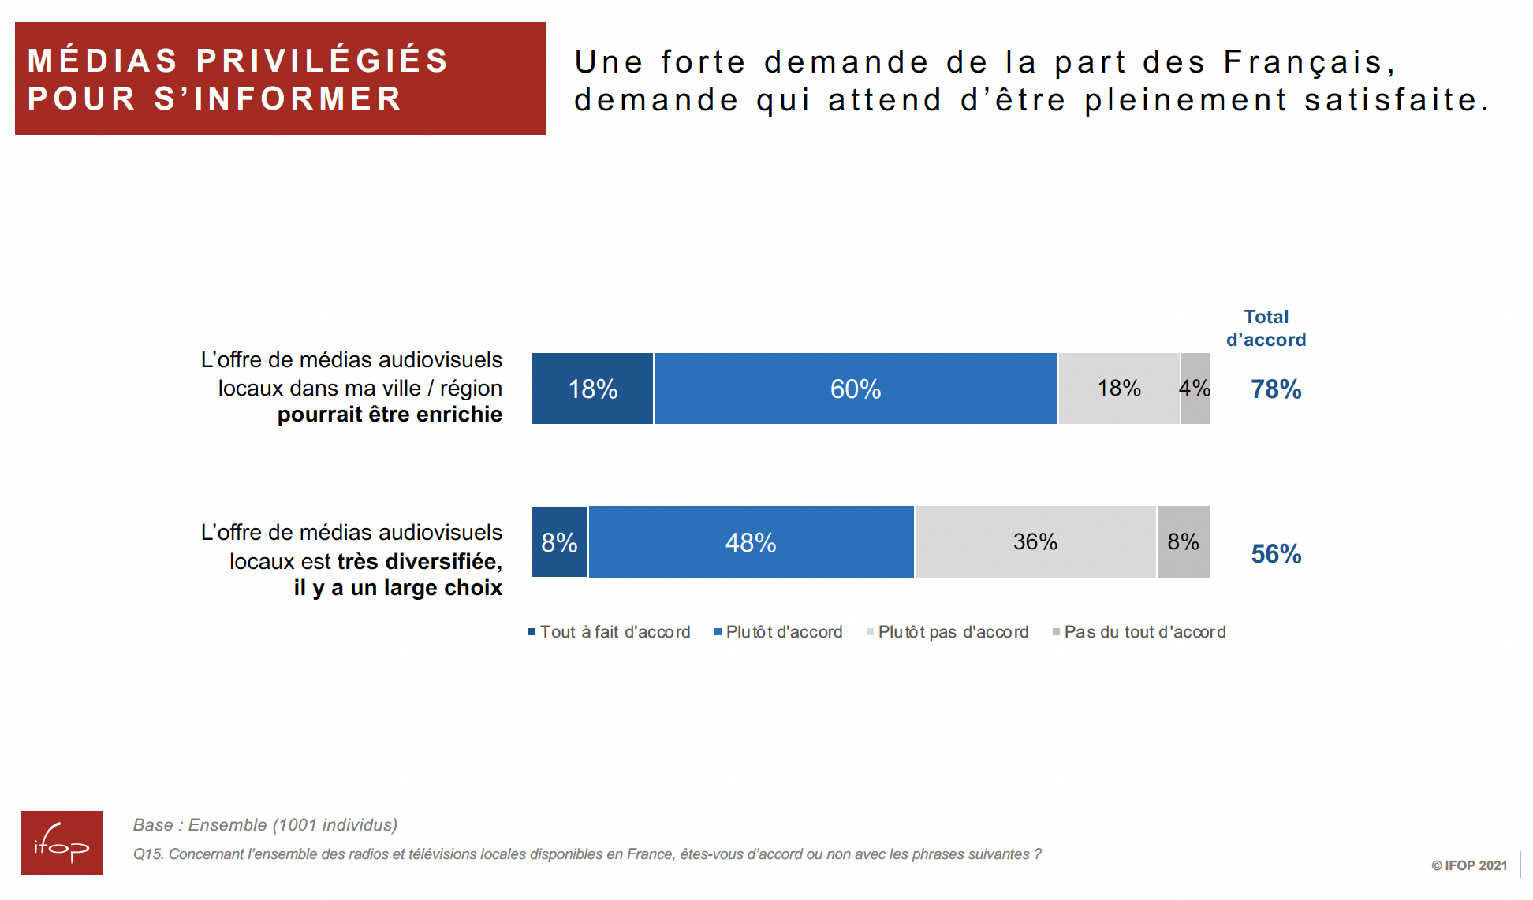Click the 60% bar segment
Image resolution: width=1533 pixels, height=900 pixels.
(x=856, y=389)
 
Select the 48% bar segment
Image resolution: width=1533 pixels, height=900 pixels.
(x=751, y=542)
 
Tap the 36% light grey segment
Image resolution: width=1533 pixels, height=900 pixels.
(x=1035, y=542)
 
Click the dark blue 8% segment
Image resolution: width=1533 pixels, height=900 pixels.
(x=560, y=542)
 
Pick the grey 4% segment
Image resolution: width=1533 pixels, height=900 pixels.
(x=1195, y=389)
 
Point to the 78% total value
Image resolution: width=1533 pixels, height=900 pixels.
(x=1276, y=389)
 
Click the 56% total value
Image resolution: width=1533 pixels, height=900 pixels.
(x=1276, y=554)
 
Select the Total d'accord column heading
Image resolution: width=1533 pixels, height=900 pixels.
(x=1266, y=328)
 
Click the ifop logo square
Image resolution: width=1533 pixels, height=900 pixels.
(x=62, y=842)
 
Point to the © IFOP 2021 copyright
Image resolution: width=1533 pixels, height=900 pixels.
(x=1469, y=865)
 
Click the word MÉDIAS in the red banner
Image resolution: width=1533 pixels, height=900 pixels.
(x=103, y=61)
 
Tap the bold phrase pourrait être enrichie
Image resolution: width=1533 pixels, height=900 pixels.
(x=390, y=415)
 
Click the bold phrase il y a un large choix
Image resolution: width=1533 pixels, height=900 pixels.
(x=397, y=588)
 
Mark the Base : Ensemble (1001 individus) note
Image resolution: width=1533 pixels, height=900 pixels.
(x=265, y=825)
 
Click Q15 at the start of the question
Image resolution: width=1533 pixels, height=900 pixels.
(x=147, y=854)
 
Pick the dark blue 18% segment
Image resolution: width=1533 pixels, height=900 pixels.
(x=593, y=389)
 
